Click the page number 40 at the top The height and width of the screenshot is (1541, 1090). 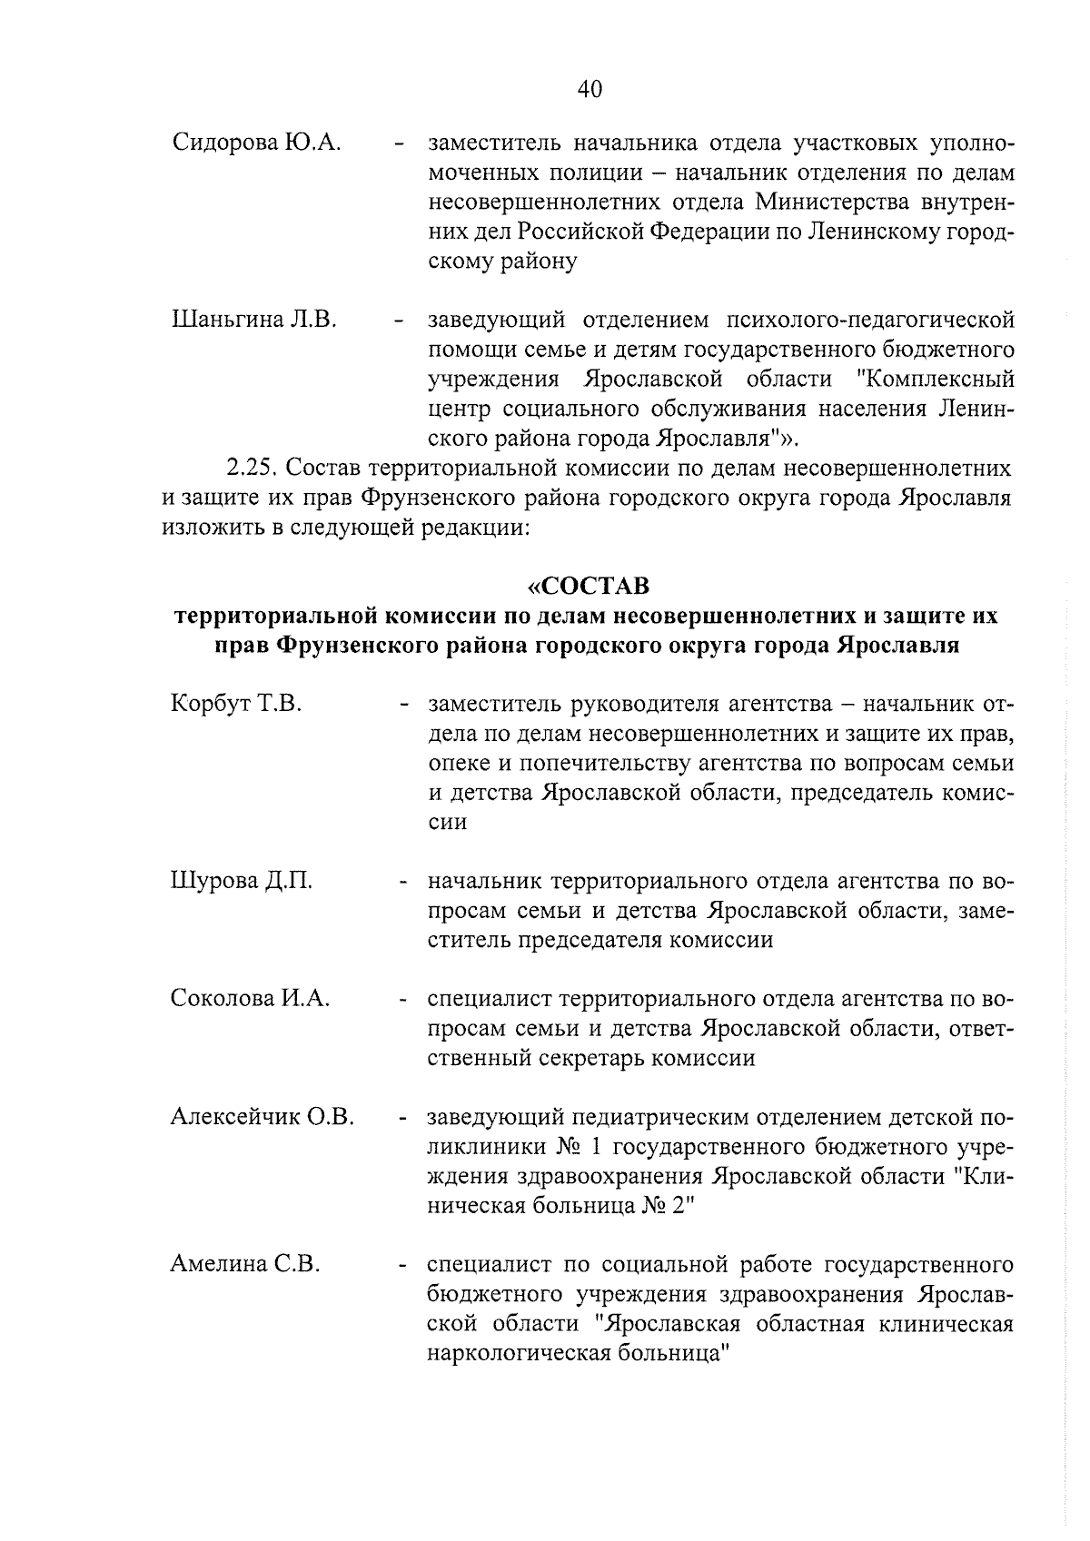[x=589, y=88]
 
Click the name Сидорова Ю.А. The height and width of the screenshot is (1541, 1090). [x=256, y=143]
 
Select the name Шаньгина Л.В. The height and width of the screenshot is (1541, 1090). [x=254, y=320]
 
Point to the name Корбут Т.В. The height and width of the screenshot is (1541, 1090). [x=236, y=704]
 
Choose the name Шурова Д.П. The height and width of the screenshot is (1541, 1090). [x=242, y=881]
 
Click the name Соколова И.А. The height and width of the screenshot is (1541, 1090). [x=250, y=999]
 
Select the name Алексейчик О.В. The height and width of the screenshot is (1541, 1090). [x=263, y=1117]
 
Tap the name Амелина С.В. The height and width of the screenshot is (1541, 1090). [x=245, y=1265]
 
